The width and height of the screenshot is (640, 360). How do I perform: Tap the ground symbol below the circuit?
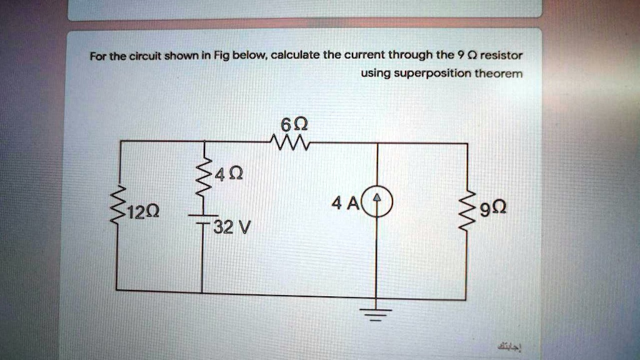coord(375,312)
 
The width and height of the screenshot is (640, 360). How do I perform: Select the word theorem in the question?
coord(499,73)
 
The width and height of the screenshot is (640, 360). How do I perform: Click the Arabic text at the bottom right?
coord(511,345)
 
